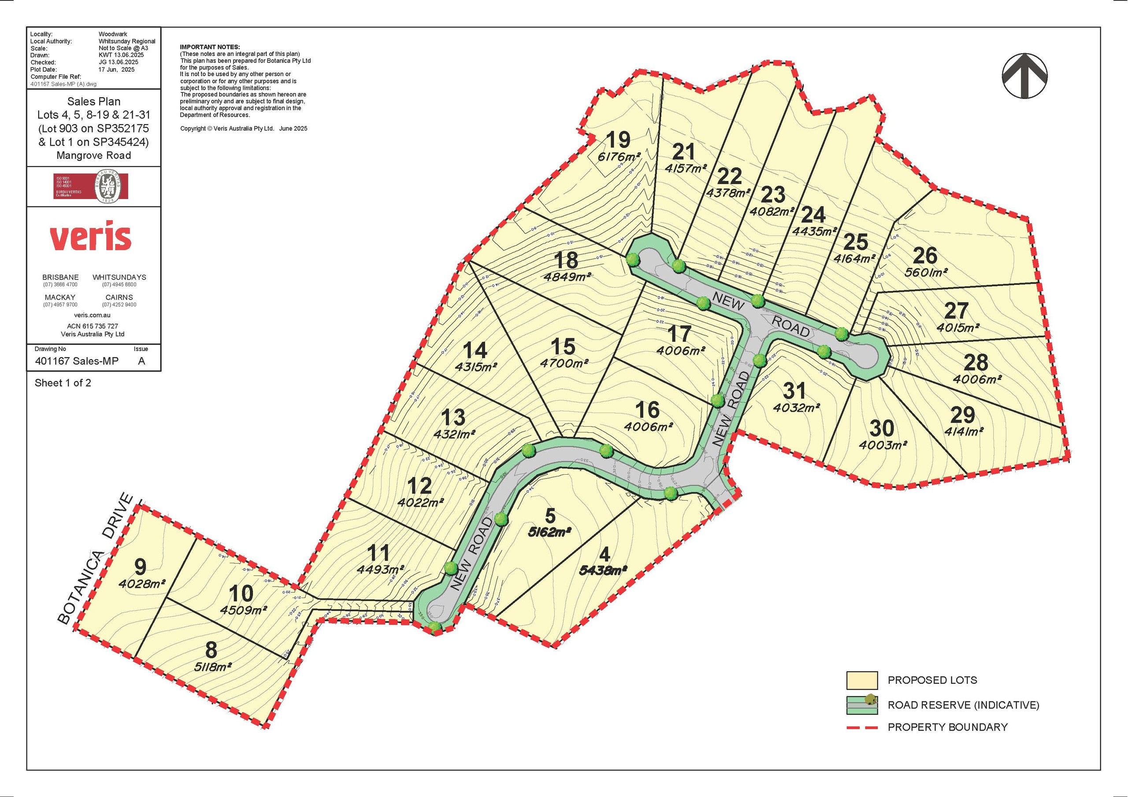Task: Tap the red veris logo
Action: [x=90, y=238]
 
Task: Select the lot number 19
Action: [x=618, y=140]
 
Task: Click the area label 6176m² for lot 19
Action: [x=619, y=157]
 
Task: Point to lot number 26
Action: [x=924, y=255]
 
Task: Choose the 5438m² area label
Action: [x=604, y=571]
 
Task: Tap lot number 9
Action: [x=141, y=567]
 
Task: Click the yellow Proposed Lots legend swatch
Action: [x=862, y=681]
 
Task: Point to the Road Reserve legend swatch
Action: [x=862, y=705]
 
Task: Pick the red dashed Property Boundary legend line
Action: [x=862, y=727]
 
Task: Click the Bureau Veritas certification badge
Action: [x=91, y=186]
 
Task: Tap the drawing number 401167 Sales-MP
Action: [x=77, y=362]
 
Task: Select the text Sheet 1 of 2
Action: [x=63, y=383]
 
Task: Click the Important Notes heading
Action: [x=210, y=47]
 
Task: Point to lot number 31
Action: [x=794, y=391]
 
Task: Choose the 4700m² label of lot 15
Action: [x=564, y=363]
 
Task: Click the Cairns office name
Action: [x=119, y=298]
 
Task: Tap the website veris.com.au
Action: [x=93, y=315]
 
